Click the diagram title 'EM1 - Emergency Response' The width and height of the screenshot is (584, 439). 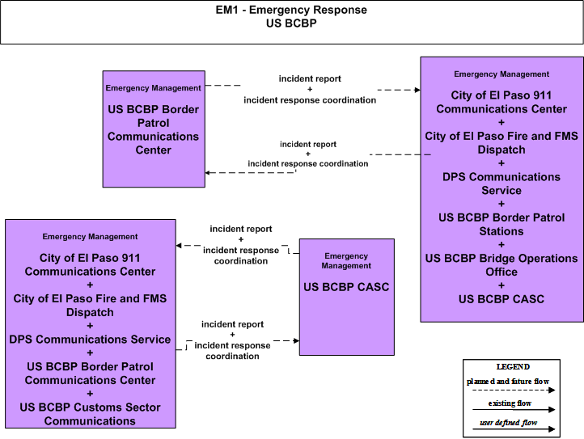291,10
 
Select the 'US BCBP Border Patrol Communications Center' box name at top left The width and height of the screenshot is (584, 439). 154,129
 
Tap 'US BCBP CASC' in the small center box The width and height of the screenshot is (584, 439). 346,287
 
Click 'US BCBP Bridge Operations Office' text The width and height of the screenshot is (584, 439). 501,264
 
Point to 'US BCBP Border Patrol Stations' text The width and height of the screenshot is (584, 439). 501,224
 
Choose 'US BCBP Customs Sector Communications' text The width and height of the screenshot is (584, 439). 90,414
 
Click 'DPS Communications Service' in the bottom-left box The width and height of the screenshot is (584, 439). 90,340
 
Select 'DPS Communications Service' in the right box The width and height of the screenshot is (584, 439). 501,184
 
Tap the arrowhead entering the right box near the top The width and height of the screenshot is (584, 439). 417,90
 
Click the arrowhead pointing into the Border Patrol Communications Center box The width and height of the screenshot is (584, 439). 208,173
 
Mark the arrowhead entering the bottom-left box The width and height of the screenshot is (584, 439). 179,246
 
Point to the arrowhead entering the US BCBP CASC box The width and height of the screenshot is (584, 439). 297,340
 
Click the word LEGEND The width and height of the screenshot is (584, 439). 513,367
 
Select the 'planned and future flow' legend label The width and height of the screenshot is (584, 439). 508,382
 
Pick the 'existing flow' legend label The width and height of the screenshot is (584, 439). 510,403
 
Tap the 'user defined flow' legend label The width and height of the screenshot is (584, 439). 509,423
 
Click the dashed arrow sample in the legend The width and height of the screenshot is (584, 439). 514,390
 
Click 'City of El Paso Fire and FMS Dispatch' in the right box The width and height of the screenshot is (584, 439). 501,142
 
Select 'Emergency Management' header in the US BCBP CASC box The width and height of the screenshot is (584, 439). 346,260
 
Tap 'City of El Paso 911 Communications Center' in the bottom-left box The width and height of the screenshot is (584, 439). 90,264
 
